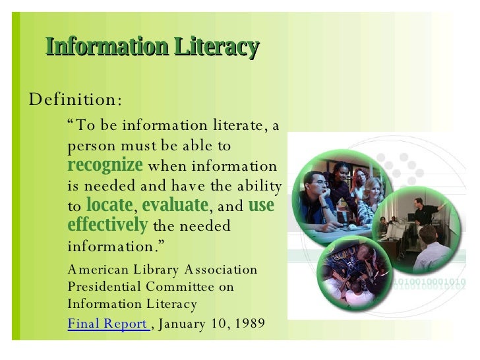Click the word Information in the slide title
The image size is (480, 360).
98,47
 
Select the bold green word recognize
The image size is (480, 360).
105,165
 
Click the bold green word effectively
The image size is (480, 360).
107,225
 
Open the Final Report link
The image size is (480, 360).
108,323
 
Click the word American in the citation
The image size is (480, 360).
94,270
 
